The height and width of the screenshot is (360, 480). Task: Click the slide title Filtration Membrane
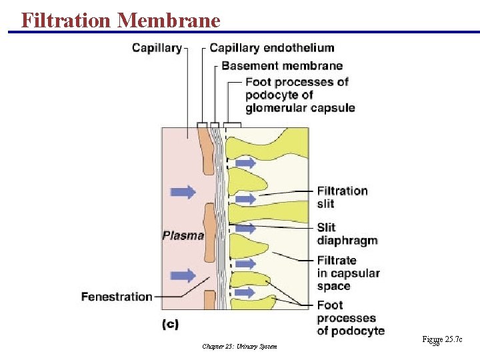(x=120, y=20)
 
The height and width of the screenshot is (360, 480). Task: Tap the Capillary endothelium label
(x=271, y=47)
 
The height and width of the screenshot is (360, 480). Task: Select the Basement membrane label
(x=281, y=65)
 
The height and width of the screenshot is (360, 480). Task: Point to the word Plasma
(x=183, y=235)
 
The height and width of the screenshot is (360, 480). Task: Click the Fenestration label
(x=117, y=297)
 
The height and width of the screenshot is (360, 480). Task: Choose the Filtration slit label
(x=342, y=197)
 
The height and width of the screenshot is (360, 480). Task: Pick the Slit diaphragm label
(x=347, y=234)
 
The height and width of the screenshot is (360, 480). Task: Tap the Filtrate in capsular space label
(x=348, y=273)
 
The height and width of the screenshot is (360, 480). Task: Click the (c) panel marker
(x=170, y=324)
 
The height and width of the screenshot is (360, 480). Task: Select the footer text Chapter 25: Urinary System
(x=239, y=346)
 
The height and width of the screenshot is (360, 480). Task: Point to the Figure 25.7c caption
(x=441, y=340)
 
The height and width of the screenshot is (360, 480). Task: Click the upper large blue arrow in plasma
(x=183, y=192)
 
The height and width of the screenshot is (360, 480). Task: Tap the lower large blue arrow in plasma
(x=183, y=275)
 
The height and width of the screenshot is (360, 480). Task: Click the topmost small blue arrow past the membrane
(x=245, y=163)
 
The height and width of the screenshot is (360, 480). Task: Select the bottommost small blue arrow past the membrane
(x=245, y=293)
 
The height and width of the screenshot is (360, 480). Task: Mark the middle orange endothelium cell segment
(x=209, y=224)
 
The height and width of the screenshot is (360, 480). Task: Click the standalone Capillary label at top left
(x=157, y=47)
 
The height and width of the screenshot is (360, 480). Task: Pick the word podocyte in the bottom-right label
(x=357, y=331)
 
